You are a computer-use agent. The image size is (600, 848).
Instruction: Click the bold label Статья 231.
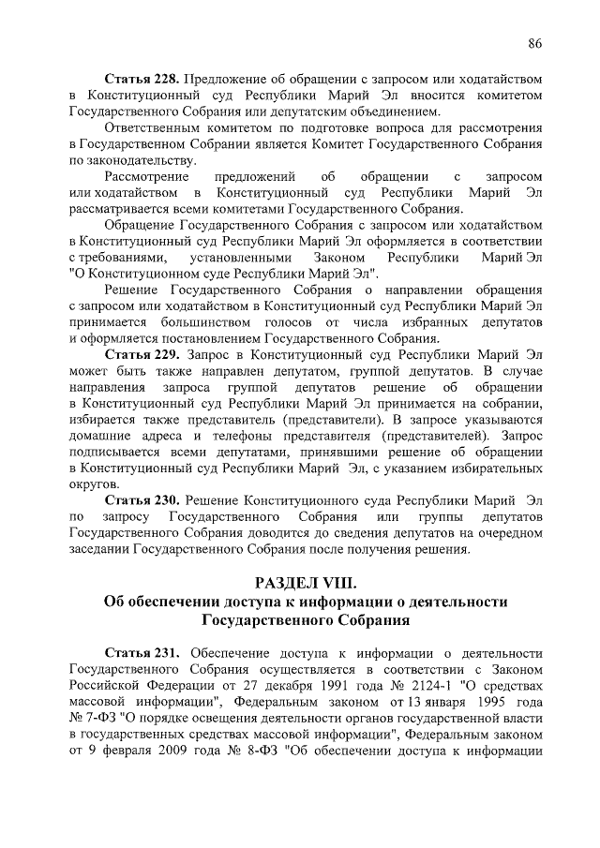point(142,653)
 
